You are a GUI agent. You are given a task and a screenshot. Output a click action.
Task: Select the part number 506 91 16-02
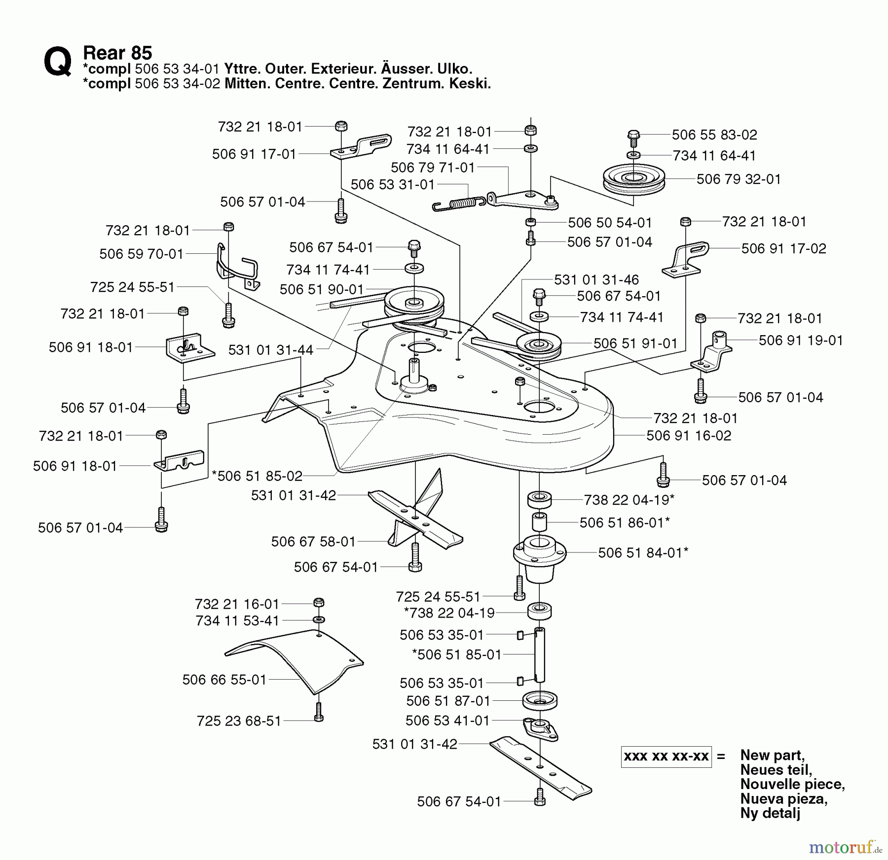point(689,436)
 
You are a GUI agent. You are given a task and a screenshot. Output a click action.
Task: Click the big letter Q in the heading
point(57,63)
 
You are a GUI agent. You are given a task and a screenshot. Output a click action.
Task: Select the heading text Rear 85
point(117,53)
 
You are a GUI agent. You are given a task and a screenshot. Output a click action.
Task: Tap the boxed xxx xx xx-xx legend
point(666,757)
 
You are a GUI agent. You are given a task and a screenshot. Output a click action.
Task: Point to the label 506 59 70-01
point(141,254)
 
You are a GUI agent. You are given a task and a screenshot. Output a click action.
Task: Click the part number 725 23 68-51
point(239,721)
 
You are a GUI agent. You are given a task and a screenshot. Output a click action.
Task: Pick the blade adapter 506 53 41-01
point(540,729)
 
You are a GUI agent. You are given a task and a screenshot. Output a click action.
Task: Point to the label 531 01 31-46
point(596,280)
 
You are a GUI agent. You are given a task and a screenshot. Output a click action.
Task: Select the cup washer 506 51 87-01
point(540,700)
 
